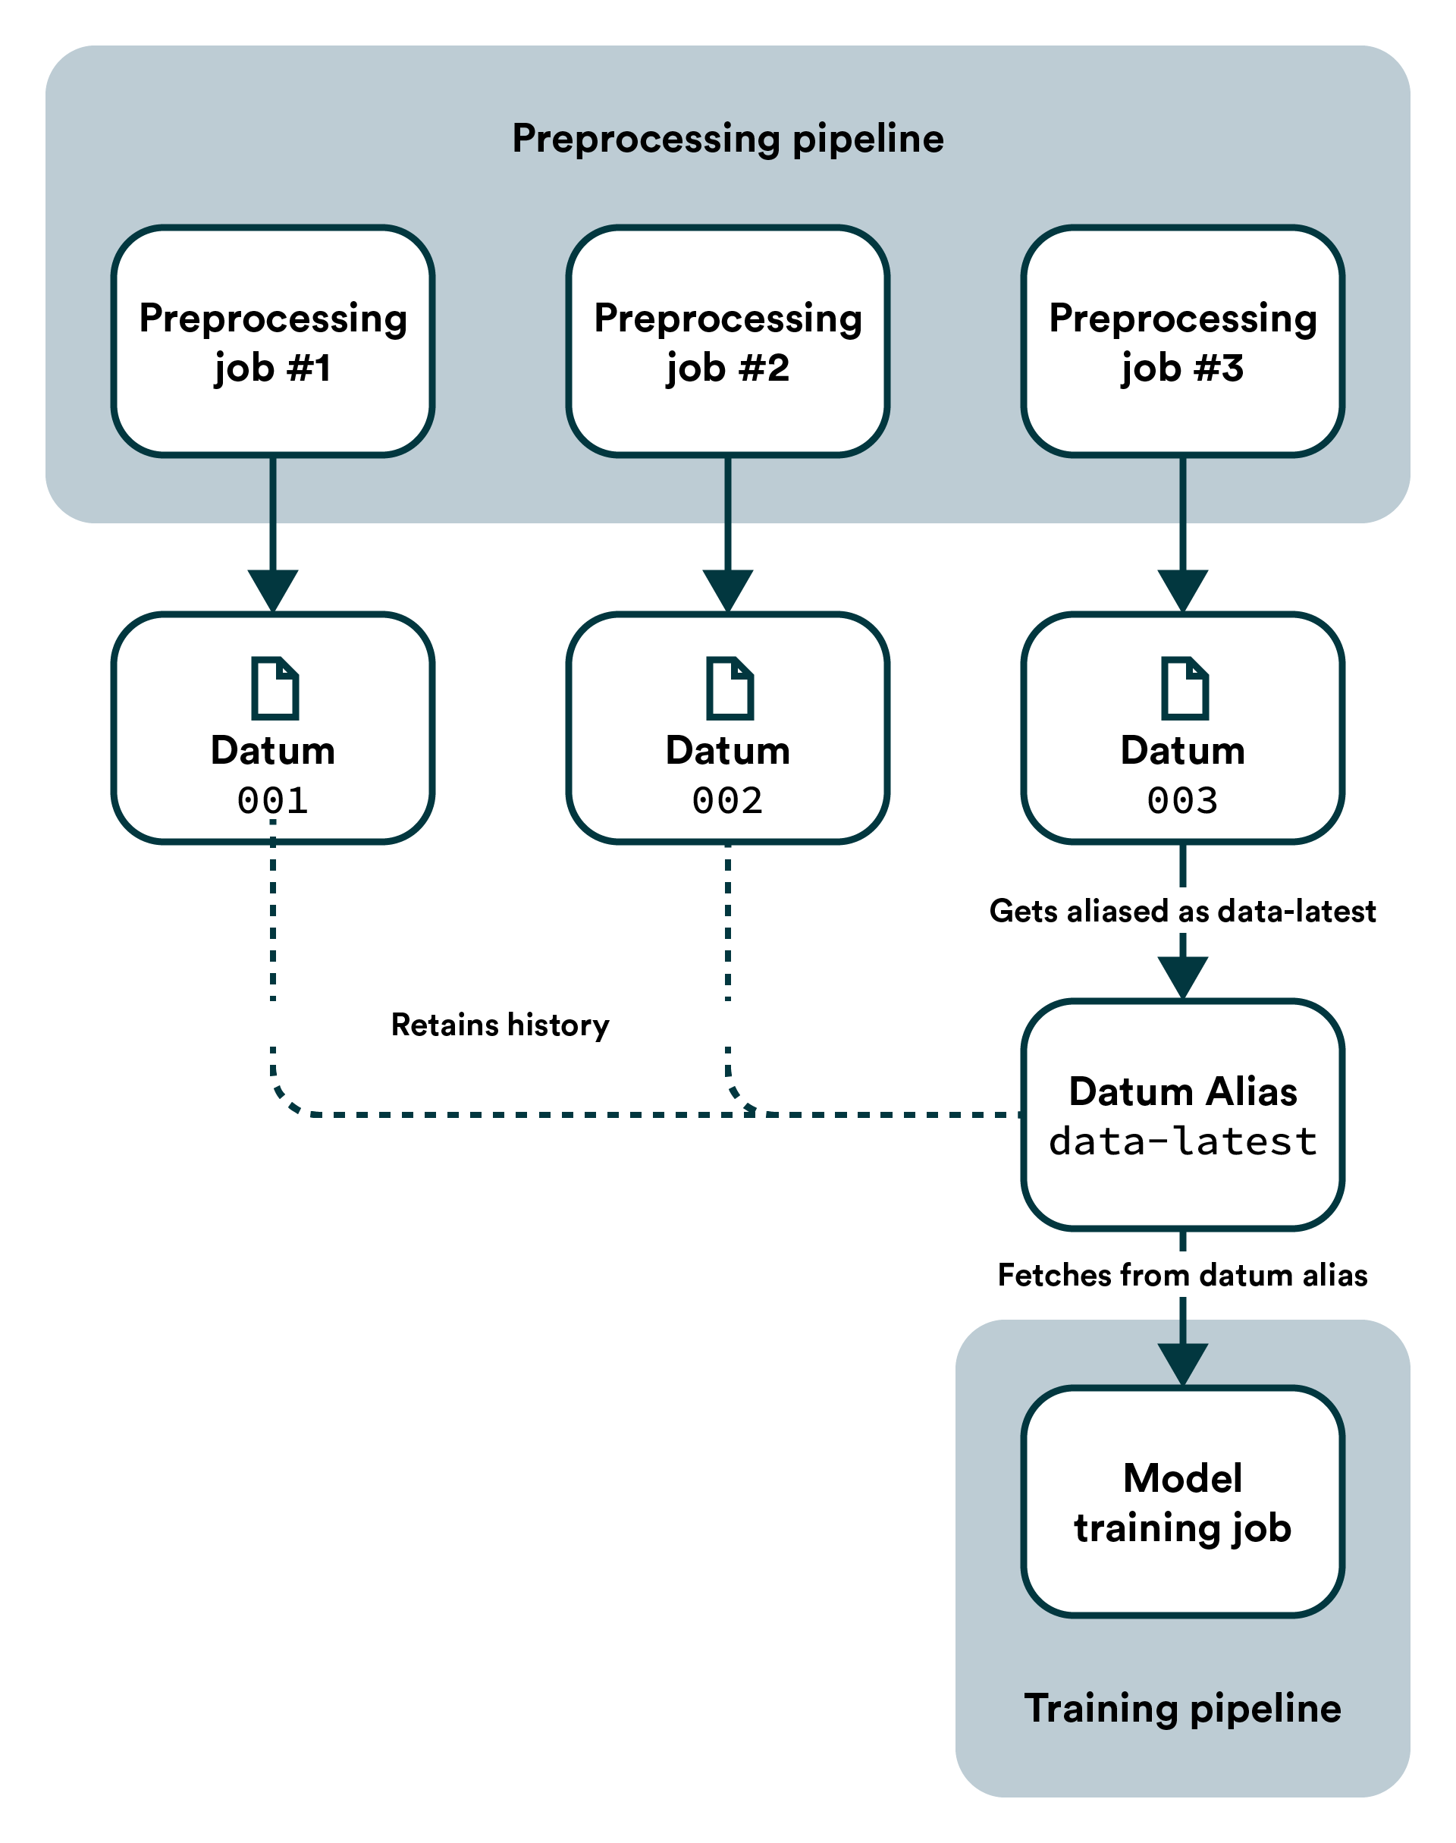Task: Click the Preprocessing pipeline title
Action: tap(727, 138)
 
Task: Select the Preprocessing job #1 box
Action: tap(273, 341)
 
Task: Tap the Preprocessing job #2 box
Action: tap(728, 341)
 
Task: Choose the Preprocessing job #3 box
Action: tap(1182, 341)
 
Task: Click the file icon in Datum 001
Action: tap(275, 688)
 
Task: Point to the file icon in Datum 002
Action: tap(730, 688)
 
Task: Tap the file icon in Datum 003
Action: tap(1185, 688)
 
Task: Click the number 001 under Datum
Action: tap(273, 800)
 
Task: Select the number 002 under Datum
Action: tap(728, 800)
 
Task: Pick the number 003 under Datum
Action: tap(1182, 800)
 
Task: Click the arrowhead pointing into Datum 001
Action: tap(273, 591)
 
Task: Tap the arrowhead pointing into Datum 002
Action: tap(728, 591)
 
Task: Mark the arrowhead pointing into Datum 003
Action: tap(1182, 591)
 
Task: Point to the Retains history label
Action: tap(500, 1025)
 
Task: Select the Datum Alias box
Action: tap(1182, 1115)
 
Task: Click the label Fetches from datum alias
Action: tap(1182, 1275)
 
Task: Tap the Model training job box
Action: tap(1182, 1502)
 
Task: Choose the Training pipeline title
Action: tap(1182, 1708)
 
